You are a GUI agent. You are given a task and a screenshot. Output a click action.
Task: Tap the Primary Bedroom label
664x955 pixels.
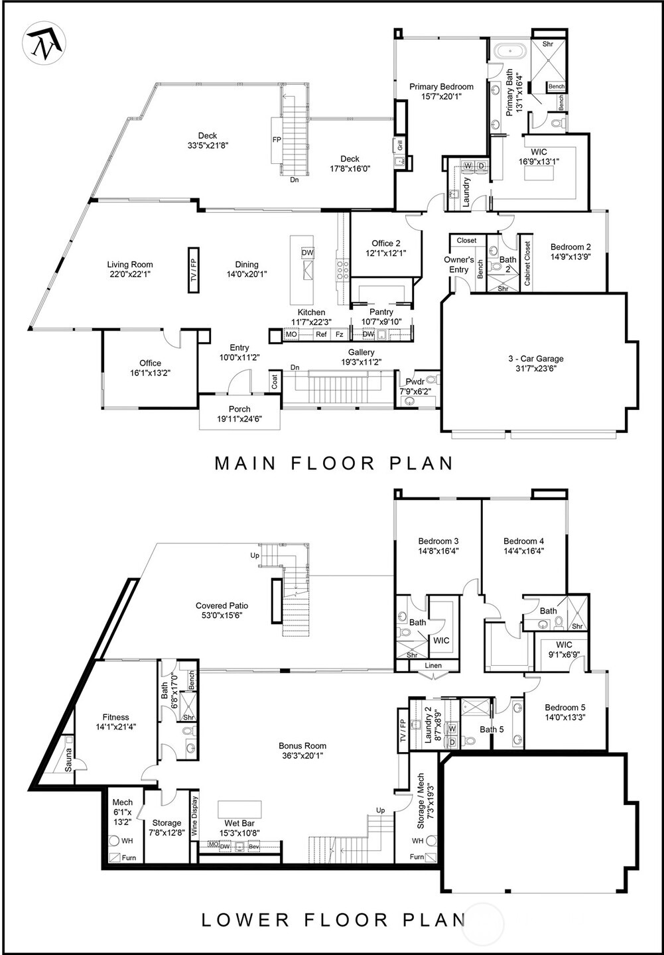[x=441, y=87]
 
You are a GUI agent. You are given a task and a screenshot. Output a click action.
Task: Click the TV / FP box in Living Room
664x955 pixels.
[x=194, y=270]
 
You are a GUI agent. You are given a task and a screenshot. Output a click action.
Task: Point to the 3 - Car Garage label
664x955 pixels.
[x=535, y=359]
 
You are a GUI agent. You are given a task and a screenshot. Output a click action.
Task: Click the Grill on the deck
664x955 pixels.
[x=400, y=145]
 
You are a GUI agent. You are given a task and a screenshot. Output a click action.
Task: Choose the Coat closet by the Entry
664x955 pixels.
[x=275, y=381]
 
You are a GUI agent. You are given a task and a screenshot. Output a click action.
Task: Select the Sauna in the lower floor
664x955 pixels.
[x=68, y=760]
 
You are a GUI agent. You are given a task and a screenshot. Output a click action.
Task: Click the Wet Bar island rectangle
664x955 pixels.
[x=239, y=810]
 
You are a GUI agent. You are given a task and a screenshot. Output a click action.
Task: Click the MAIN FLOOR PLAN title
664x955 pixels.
[x=334, y=463]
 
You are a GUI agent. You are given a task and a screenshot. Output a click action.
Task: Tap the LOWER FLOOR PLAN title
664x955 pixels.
[x=333, y=920]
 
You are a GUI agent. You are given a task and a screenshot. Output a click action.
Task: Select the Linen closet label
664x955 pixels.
[x=433, y=665]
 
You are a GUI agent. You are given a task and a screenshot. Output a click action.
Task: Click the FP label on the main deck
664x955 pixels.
[x=277, y=140]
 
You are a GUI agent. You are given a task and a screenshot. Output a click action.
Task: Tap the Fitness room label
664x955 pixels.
[x=116, y=717]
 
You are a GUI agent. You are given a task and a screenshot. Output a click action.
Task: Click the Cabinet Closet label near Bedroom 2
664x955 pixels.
[x=527, y=263]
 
